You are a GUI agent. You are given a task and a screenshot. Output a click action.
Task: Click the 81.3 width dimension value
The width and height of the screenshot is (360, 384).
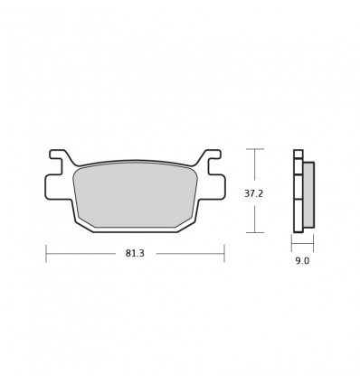(x=135, y=254)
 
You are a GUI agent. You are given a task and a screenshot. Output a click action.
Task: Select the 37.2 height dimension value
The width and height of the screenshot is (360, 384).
(x=253, y=193)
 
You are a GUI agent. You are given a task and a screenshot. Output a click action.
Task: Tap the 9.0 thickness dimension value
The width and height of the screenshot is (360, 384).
(x=302, y=261)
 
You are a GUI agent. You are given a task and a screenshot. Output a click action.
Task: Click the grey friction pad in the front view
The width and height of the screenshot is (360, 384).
(x=135, y=196)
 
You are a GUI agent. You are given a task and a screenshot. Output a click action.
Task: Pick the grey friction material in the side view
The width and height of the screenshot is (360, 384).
(x=308, y=194)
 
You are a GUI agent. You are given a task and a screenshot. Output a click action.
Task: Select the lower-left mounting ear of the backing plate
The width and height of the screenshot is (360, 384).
(x=58, y=187)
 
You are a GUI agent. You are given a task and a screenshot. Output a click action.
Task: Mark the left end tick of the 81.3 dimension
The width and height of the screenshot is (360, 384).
(x=46, y=254)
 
